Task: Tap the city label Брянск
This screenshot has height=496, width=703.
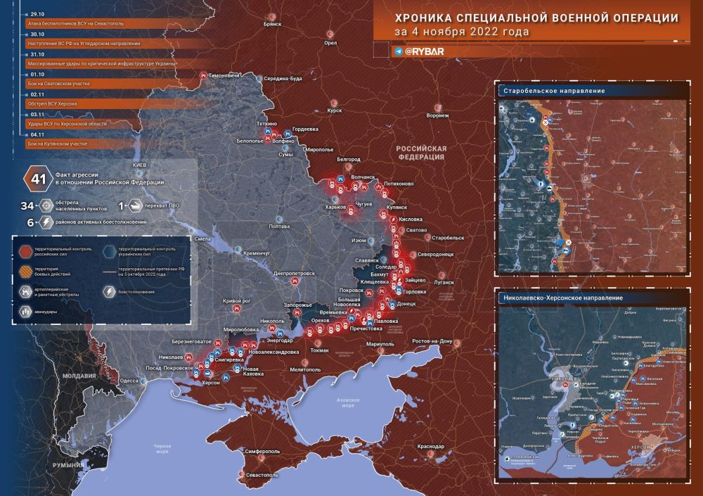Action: (271, 24)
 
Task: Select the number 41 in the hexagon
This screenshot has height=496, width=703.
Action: (36, 178)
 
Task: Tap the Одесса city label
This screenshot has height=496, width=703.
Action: (129, 380)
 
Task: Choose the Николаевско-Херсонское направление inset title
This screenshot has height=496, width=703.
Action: (564, 298)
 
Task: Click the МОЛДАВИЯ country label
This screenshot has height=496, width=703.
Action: (79, 376)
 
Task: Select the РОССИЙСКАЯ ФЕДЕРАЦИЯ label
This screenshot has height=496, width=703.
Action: (421, 153)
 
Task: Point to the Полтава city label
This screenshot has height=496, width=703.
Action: (279, 227)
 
